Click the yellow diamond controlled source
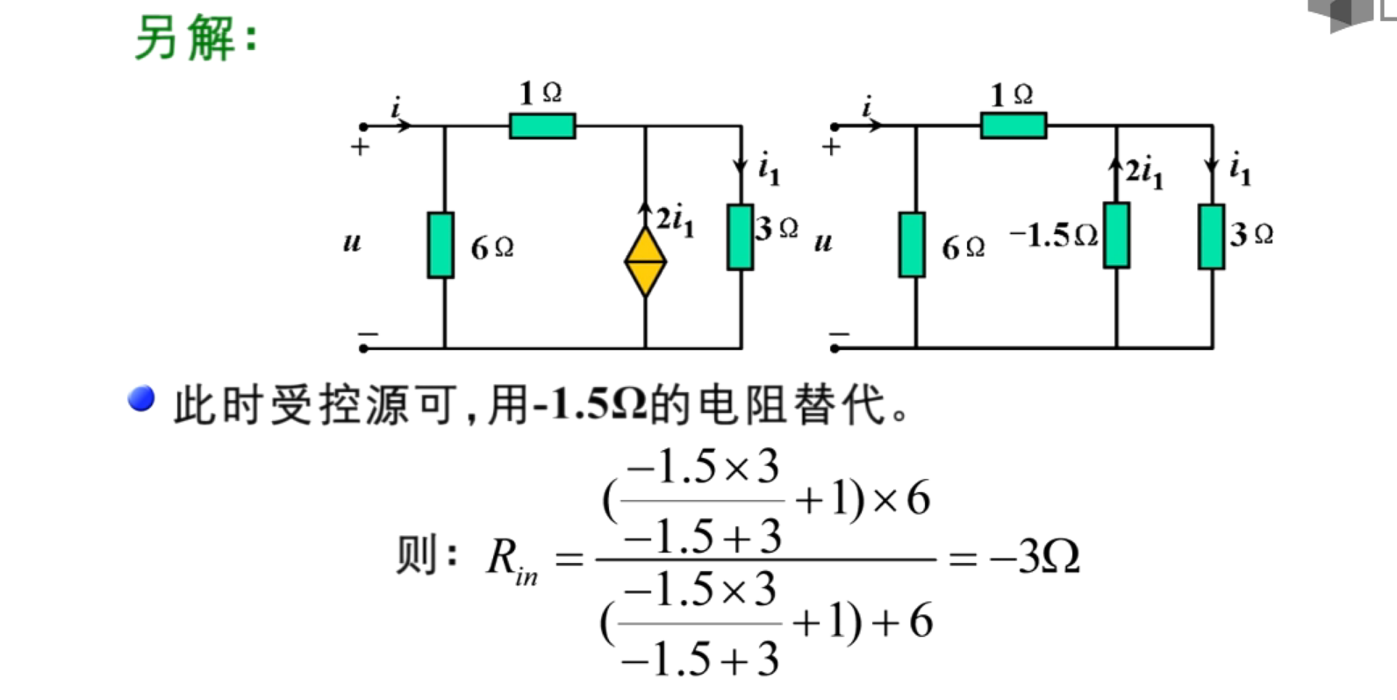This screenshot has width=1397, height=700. tap(645, 261)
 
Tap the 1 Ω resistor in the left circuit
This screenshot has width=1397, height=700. tap(542, 126)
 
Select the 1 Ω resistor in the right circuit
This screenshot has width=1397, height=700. tap(1013, 126)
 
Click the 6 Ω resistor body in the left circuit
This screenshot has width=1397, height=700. tap(441, 245)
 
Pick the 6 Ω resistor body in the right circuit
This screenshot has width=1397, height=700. tap(912, 245)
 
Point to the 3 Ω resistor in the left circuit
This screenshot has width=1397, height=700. tap(740, 237)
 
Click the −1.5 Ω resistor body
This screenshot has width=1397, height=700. tap(1116, 235)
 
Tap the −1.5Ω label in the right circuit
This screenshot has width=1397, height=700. tap(1053, 235)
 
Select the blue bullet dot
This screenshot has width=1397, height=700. tap(140, 399)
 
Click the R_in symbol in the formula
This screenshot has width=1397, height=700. tap(511, 560)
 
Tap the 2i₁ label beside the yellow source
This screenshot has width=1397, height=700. tap(676, 219)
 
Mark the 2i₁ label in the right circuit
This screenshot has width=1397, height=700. tap(1144, 171)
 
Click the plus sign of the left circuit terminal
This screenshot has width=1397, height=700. tap(360, 147)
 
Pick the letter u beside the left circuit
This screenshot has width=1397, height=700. tap(352, 241)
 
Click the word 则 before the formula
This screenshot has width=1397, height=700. tap(416, 555)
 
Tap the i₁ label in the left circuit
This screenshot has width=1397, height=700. tap(769, 167)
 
